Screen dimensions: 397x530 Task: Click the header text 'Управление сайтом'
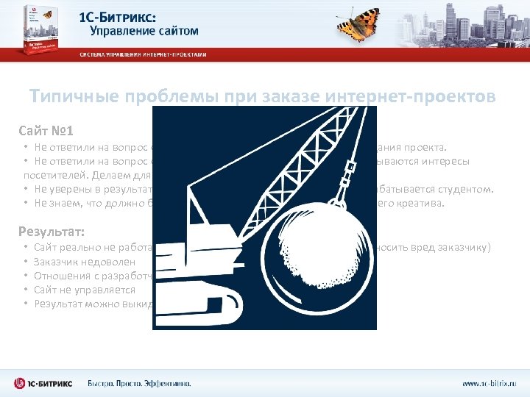pos(144,31)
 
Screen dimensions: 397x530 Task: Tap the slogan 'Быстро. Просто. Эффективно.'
pos(139,384)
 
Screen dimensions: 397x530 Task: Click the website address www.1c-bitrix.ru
pos(489,384)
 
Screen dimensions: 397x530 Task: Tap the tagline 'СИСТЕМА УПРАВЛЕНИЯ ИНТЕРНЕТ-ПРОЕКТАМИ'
pos(144,55)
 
